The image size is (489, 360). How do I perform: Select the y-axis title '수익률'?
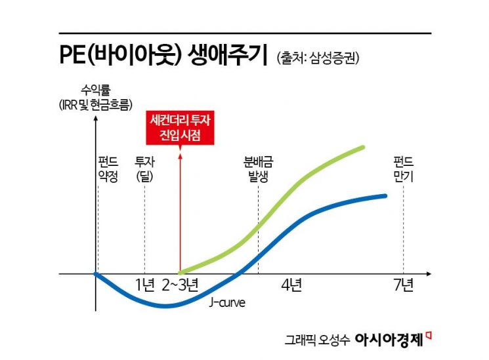click(x=95, y=90)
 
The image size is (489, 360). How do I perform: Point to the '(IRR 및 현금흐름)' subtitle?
click(x=95, y=104)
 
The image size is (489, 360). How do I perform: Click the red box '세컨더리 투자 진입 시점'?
click(x=179, y=128)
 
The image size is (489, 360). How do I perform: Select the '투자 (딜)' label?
click(x=144, y=169)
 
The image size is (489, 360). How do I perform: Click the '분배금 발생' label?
click(x=258, y=169)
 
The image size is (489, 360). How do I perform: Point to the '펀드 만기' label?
click(x=403, y=169)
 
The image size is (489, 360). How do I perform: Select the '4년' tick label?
click(x=291, y=285)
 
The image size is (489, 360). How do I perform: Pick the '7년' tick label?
click(x=403, y=285)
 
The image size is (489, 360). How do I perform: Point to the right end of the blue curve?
click(x=386, y=195)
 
